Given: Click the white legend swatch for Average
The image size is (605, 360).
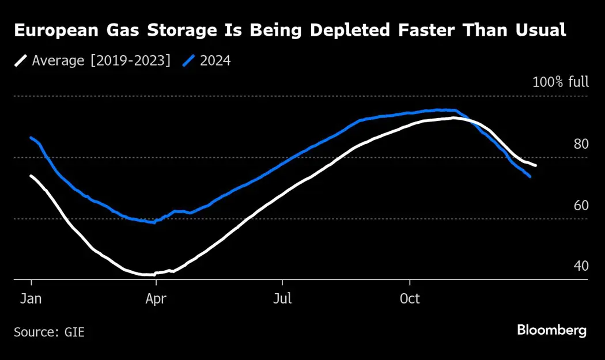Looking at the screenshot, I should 21,60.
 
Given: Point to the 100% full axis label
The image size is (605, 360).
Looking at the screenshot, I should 560,82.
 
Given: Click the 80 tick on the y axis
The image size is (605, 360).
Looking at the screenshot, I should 581,144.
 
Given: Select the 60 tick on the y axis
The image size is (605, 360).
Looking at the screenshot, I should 581,205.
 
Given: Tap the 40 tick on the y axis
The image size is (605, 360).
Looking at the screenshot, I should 581,266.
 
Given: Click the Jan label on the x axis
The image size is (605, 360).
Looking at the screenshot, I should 31,299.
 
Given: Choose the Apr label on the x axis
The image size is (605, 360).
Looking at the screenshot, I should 156,299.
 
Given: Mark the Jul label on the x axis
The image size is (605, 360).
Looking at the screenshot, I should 282,299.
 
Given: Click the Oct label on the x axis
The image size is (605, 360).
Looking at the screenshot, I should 410,299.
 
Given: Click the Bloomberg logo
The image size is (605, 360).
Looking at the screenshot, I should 551,331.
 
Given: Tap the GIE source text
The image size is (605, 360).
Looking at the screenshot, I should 74,332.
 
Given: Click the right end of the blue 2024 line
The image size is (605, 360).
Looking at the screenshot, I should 530,177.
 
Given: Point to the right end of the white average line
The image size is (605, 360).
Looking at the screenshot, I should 536,166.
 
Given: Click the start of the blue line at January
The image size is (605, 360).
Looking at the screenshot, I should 31,137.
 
